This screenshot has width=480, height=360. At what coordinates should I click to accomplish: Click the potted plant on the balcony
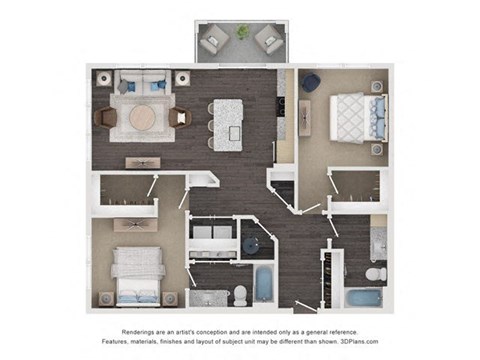[x=242, y=33]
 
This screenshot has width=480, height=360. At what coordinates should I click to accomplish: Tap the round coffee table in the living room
[x=143, y=118]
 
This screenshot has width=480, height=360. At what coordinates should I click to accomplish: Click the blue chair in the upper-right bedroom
[x=311, y=81]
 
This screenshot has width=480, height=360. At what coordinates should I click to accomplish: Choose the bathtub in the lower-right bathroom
[x=365, y=298]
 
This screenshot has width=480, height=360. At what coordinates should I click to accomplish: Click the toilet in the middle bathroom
[x=241, y=293]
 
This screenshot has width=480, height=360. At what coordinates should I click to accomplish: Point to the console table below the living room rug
[x=143, y=162]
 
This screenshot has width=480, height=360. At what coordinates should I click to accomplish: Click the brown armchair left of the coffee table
[x=105, y=118]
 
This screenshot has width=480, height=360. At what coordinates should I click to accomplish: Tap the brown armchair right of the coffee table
[x=180, y=118]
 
